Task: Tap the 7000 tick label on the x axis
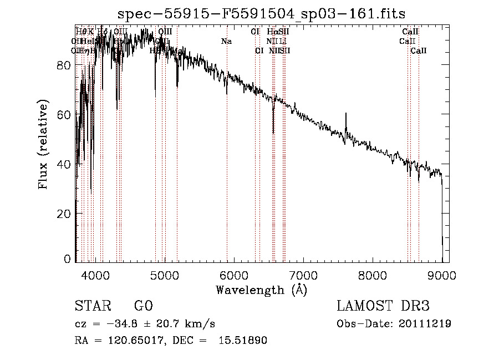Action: pos(303,275)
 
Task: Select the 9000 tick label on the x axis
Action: pos(442,275)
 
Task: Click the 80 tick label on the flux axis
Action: pos(64,65)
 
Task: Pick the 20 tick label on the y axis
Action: pos(64,214)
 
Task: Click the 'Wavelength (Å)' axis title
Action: pos(261,290)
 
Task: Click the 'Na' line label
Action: pos(226,41)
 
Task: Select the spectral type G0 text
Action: pos(143,306)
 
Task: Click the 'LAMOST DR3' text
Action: pos(383,306)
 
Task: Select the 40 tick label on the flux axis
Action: pos(64,165)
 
